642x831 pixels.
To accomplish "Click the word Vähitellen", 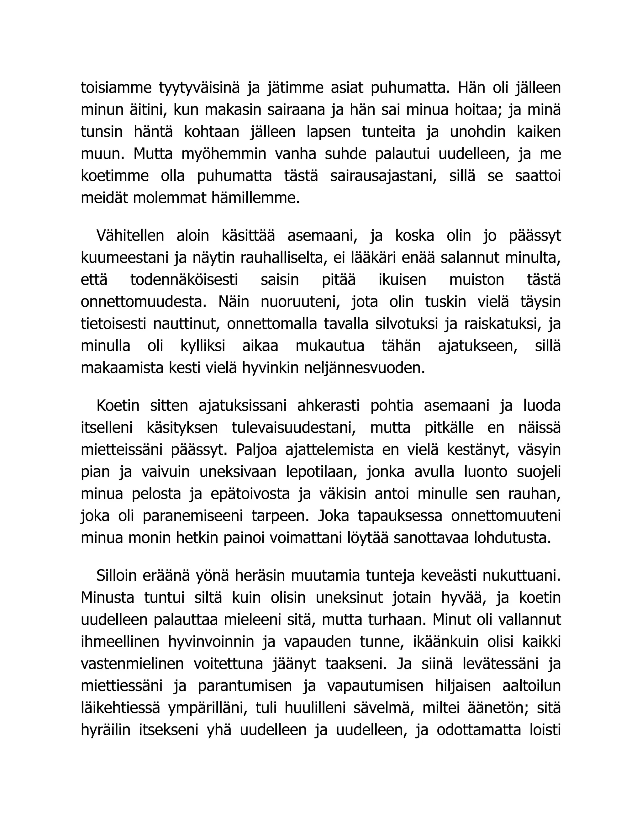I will (x=130, y=236).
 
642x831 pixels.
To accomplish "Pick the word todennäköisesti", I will (x=184, y=280).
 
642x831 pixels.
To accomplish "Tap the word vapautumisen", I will (x=375, y=686).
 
